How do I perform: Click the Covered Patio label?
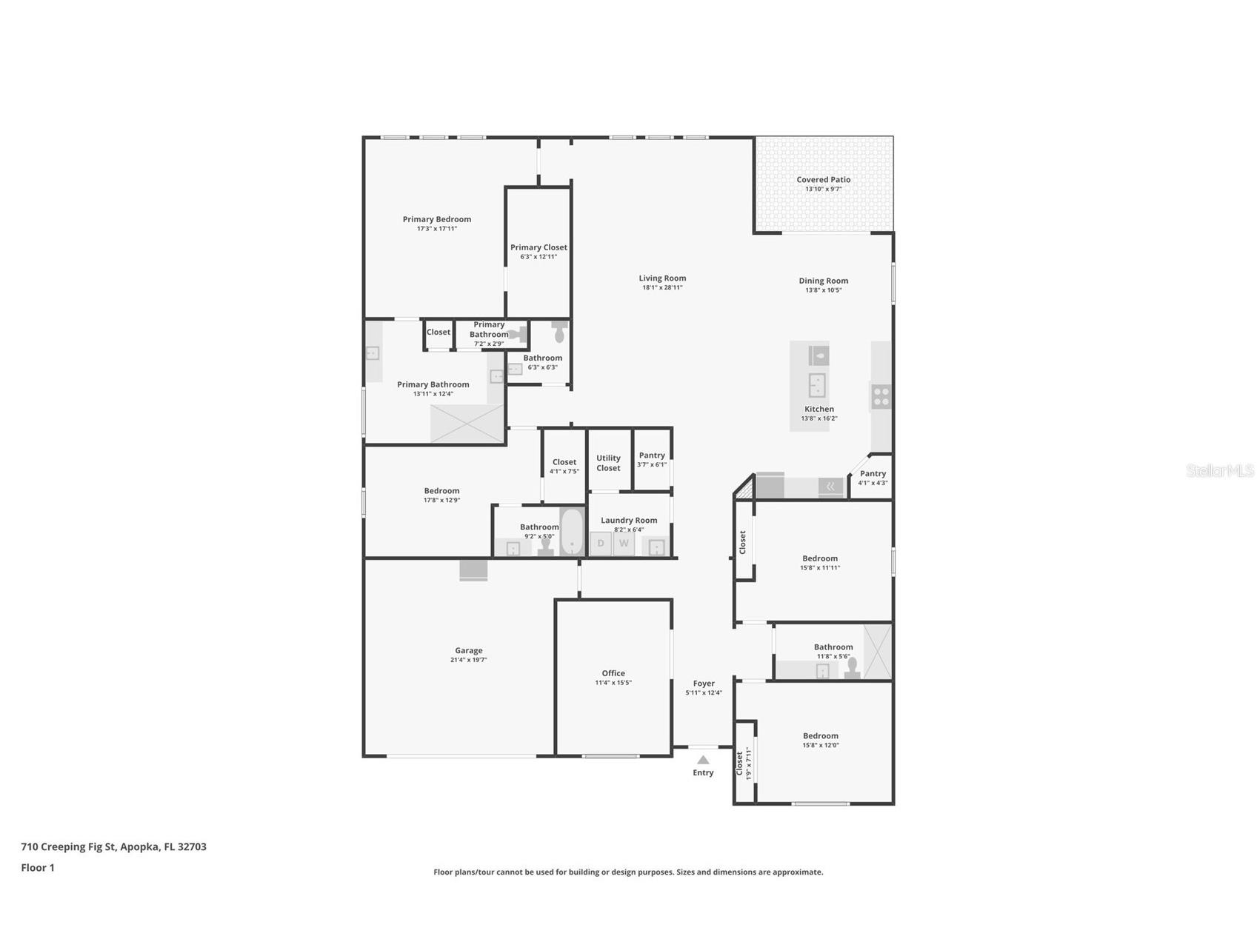point(823,180)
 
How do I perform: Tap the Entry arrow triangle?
point(703,760)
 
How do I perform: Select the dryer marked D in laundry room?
point(600,544)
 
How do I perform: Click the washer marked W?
point(624,544)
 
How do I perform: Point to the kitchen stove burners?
point(881,398)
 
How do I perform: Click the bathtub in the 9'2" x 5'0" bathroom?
point(572,532)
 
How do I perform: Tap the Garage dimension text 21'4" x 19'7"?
point(468,660)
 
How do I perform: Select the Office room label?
point(613,673)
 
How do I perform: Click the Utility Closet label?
point(608,463)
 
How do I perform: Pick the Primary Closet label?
point(539,247)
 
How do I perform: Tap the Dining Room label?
point(823,281)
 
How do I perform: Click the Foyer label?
point(704,684)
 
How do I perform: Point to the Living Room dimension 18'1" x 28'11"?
point(662,287)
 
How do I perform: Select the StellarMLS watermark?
point(1219,470)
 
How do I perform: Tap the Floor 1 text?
point(38,867)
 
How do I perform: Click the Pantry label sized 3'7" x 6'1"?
point(652,455)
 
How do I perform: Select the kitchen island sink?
point(818,385)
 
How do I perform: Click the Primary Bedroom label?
point(436,219)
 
